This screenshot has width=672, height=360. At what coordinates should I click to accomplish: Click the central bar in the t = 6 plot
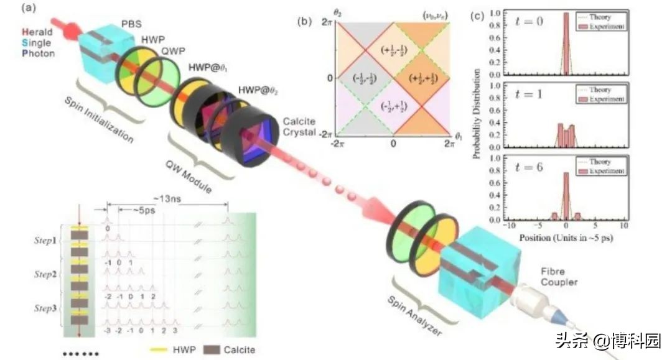click(x=566, y=196)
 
